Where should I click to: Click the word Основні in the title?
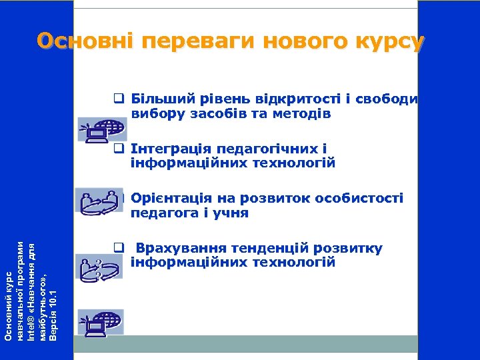[x=85, y=42]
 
